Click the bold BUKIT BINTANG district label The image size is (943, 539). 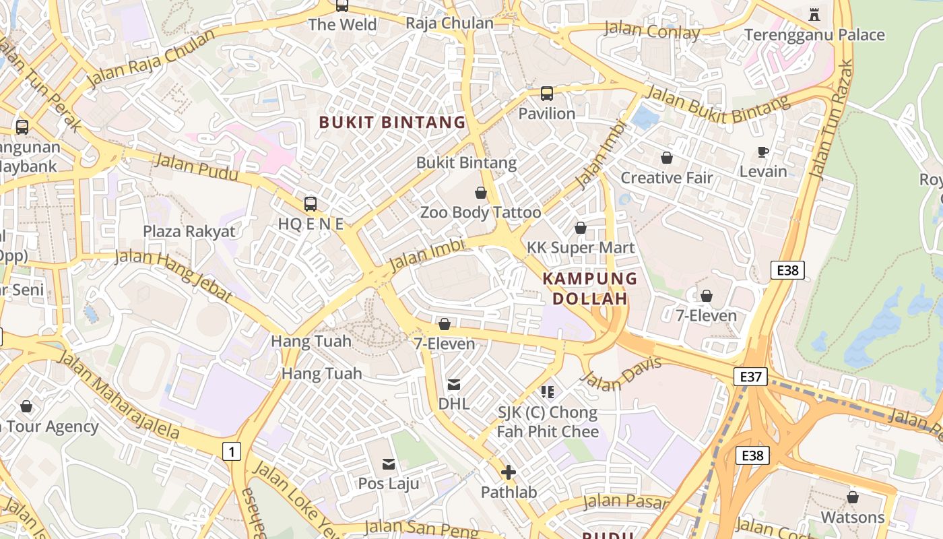tap(392, 122)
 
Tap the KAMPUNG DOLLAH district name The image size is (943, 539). tap(589, 288)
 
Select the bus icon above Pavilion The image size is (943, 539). tap(547, 94)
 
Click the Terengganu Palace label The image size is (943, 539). tap(814, 35)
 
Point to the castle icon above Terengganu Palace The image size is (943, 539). tap(814, 13)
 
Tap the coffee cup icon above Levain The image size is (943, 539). tap(762, 152)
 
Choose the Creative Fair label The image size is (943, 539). tap(666, 178)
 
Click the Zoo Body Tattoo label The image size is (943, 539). tap(480, 213)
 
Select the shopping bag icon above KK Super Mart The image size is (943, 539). tap(580, 228)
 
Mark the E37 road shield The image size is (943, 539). tap(750, 377)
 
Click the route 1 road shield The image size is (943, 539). tap(231, 451)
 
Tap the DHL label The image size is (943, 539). tap(454, 404)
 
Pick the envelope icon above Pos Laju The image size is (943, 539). tap(389, 464)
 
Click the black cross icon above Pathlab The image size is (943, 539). tap(509, 472)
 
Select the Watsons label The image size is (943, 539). tap(852, 517)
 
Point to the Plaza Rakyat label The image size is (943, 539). tap(189, 232)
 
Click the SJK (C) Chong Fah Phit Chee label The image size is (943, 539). tap(547, 422)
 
